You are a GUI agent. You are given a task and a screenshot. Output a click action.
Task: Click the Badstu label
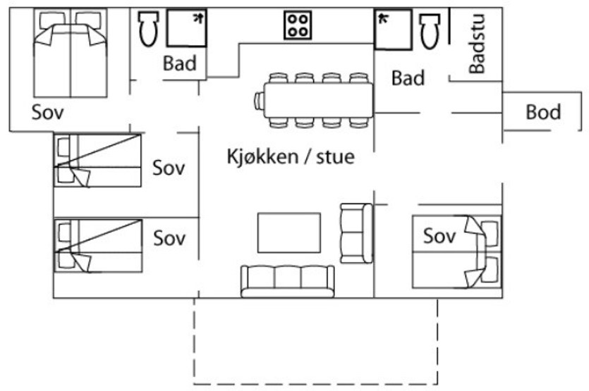point(478,44)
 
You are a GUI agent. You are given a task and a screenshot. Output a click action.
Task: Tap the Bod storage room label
point(543,112)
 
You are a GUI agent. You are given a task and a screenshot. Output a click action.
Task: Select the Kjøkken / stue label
point(291,156)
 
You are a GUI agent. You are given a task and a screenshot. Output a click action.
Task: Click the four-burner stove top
point(298,25)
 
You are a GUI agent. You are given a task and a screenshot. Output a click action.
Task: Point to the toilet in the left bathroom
point(148,28)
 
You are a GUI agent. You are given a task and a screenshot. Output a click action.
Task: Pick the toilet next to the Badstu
point(430,31)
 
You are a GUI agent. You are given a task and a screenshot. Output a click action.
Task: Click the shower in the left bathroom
point(187,28)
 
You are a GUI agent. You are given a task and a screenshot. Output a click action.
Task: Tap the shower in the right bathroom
point(394,30)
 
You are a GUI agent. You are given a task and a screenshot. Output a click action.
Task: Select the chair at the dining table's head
point(260,101)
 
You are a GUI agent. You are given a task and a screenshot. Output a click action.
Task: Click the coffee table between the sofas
point(289,232)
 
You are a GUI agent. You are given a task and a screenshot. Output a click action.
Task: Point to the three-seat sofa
point(287,281)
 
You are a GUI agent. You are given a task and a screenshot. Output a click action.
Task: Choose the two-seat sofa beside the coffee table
point(356,233)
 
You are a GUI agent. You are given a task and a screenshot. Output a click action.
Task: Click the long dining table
point(319,100)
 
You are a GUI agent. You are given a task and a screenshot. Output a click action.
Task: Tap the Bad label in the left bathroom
point(180,63)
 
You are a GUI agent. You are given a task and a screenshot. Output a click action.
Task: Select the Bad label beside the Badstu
point(408,78)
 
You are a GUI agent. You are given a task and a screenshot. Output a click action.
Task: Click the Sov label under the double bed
point(48,112)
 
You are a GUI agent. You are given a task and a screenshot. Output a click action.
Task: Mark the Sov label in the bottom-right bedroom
point(439,235)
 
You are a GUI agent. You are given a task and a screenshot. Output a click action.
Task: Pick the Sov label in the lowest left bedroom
point(169,238)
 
